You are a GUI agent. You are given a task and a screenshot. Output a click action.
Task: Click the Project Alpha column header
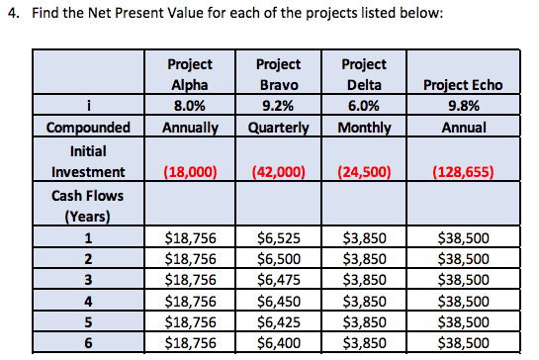pos(190,75)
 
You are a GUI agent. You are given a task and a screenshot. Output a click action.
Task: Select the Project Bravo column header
pos(278,75)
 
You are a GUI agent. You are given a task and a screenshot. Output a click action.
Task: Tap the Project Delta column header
pos(366,75)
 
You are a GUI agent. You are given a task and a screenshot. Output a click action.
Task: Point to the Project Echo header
pos(463,85)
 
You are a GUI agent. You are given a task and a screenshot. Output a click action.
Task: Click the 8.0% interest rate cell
pos(190,107)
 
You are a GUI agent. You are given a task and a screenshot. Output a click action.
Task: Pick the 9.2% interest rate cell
pos(278,107)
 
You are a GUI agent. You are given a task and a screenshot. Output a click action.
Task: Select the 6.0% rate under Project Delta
pos(366,107)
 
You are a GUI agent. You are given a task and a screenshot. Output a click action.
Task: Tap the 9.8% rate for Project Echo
pos(463,107)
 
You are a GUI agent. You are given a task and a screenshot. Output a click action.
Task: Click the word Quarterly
pos(278,128)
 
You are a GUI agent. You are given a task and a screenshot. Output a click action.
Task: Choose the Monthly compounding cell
pos(366,128)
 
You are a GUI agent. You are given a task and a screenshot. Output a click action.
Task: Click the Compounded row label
pos(90,128)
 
